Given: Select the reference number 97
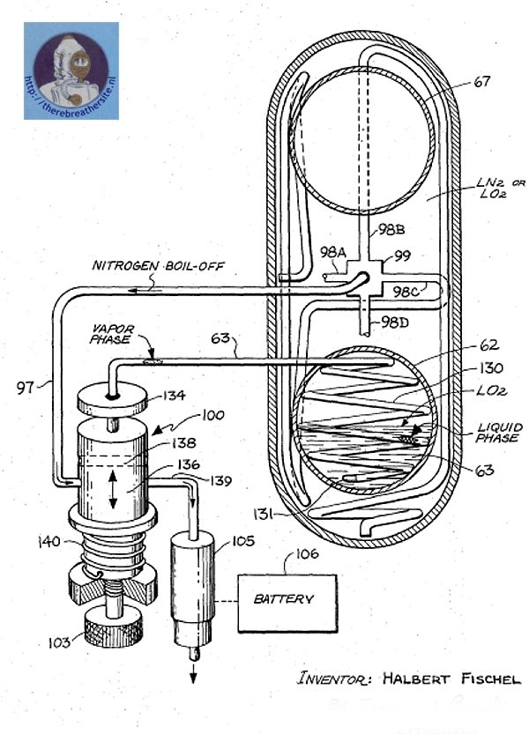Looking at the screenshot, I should (25, 384).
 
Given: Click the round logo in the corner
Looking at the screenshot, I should (71, 70).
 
